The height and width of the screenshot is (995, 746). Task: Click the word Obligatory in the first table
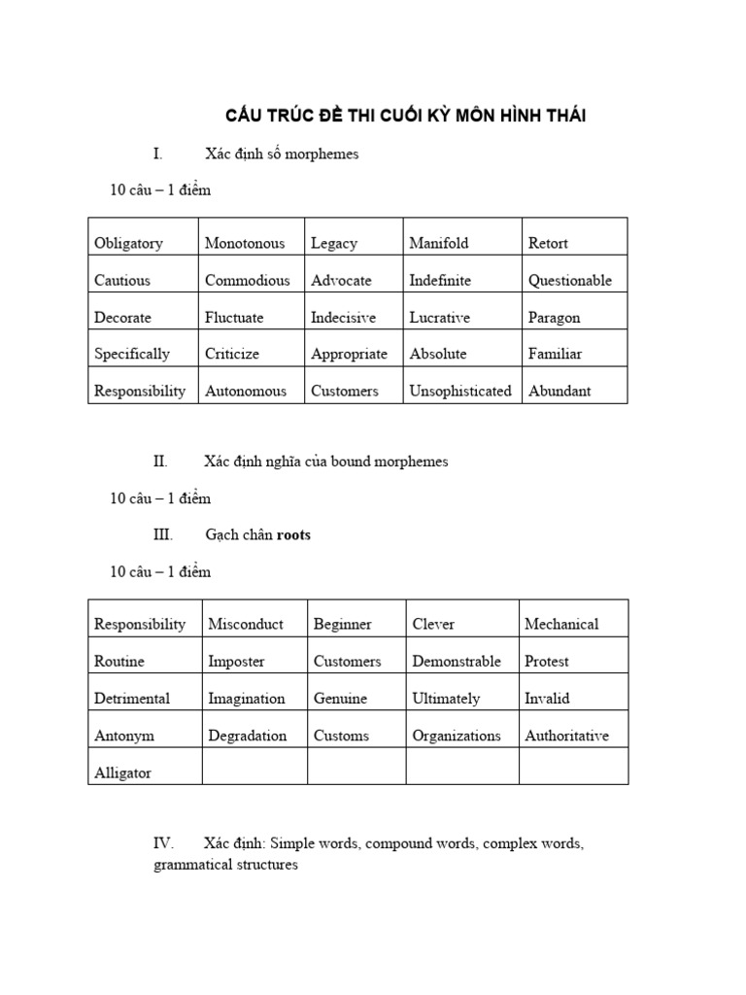(128, 243)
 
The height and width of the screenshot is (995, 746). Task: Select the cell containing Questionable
(570, 280)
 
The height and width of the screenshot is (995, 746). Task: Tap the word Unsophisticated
(460, 391)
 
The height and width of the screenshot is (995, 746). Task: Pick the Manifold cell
(438, 243)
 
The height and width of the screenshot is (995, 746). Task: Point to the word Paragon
(554, 317)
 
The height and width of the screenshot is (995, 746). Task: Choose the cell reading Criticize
(232, 354)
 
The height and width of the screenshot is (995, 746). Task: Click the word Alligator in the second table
(122, 773)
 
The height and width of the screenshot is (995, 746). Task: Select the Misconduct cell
(246, 624)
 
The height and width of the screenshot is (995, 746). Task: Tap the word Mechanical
(561, 624)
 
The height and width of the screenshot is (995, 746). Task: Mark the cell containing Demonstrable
(457, 661)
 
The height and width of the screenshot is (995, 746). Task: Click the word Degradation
(248, 736)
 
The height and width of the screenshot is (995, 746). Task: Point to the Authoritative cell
(567, 736)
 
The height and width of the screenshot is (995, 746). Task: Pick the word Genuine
(340, 698)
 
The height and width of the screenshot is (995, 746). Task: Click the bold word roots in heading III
(294, 534)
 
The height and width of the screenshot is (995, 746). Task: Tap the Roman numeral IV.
(163, 842)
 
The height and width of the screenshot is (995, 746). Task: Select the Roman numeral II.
(160, 462)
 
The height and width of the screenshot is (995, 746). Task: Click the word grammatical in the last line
(190, 864)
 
